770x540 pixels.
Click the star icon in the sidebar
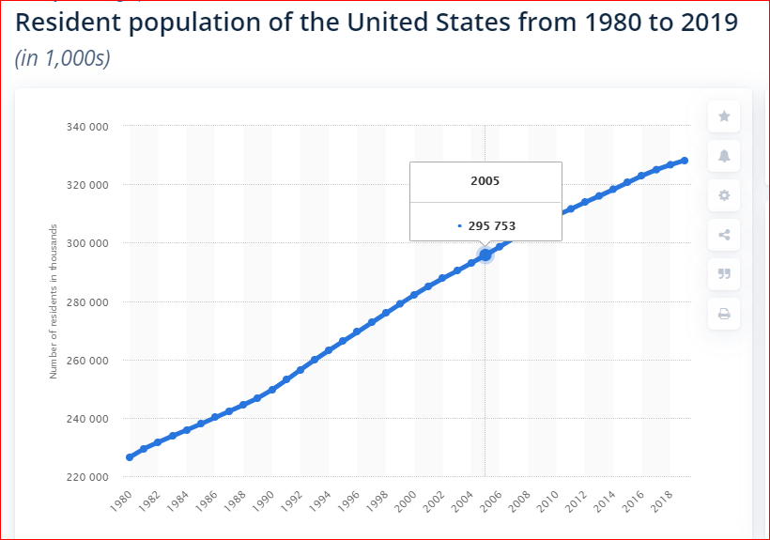[x=724, y=116]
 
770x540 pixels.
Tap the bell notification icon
[x=724, y=156]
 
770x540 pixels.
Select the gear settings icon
[x=724, y=195]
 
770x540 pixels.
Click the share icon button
[x=724, y=235]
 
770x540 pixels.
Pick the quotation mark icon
[x=724, y=274]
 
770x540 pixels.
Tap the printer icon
[x=724, y=314]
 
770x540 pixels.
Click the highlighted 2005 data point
[x=485, y=255]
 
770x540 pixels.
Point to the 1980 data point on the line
[x=130, y=457]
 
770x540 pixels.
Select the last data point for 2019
[x=685, y=161]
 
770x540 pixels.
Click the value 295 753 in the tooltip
[x=491, y=226]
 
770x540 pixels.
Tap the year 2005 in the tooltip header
[x=485, y=180]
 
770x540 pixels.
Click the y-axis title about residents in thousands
[x=54, y=301]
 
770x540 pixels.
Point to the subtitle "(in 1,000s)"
[x=63, y=58]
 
